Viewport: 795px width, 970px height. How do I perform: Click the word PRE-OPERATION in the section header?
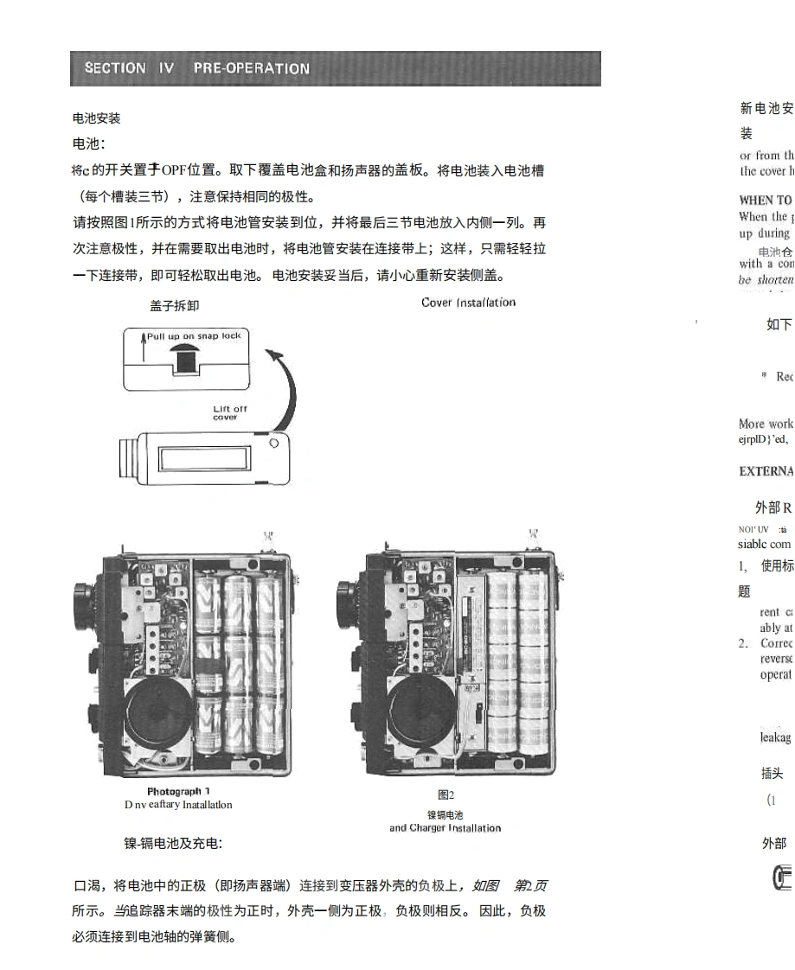[251, 68]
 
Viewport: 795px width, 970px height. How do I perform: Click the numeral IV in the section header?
[165, 68]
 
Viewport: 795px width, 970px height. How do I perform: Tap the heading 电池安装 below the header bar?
[96, 118]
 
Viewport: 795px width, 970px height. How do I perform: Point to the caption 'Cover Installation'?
[468, 303]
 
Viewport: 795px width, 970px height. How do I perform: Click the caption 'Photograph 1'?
[178, 791]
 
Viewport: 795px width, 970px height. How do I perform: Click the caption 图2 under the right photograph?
[446, 795]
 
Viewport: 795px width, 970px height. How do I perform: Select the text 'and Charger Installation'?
[445, 828]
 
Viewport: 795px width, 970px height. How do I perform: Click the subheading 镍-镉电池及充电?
[173, 843]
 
